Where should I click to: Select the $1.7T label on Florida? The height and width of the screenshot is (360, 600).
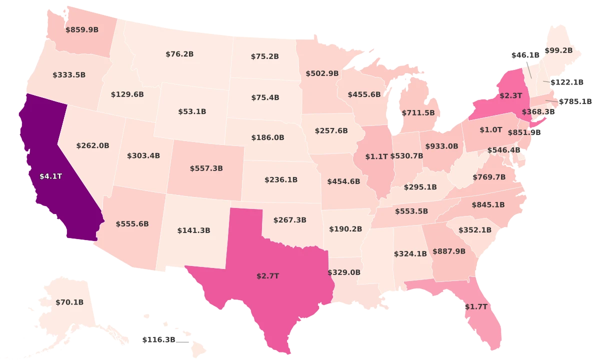point(475,306)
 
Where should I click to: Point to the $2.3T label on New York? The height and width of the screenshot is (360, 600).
point(510,94)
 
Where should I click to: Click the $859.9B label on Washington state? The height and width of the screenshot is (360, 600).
point(82,29)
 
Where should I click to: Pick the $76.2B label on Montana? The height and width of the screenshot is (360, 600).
point(179,54)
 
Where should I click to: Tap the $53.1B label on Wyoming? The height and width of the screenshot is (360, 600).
point(192,111)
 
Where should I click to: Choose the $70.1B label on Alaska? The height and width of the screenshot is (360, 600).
point(69,302)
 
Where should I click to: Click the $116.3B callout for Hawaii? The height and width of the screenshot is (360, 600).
point(158,339)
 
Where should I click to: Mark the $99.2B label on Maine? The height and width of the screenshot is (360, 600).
point(558,50)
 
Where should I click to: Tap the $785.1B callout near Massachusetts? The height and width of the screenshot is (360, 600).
point(575,101)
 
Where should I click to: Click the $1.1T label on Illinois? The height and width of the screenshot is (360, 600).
point(376,156)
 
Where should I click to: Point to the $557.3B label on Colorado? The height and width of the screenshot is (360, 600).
point(206,168)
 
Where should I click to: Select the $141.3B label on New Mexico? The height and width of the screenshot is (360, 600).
point(193,230)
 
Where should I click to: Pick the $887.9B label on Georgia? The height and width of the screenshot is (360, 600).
point(449,251)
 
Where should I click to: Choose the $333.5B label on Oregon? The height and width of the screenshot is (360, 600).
point(69,75)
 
